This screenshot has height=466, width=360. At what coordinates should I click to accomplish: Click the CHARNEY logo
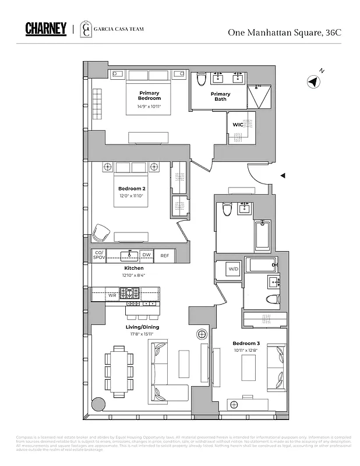(46, 29)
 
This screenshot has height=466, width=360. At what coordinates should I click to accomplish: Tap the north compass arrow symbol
(314, 82)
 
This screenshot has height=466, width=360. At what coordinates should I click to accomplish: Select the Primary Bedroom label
(149, 96)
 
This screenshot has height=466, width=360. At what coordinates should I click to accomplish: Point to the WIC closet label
(238, 125)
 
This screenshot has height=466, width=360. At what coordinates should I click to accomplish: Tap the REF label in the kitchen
(165, 256)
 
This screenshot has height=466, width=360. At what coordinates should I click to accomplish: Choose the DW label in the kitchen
(147, 256)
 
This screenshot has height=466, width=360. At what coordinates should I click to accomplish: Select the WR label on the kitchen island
(112, 295)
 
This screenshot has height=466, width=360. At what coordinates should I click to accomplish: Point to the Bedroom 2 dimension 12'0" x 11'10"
(131, 196)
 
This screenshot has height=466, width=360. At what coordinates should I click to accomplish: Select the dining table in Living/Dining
(119, 371)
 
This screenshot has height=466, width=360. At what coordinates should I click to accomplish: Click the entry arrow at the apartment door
(283, 175)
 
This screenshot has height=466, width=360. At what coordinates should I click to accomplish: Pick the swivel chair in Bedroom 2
(102, 231)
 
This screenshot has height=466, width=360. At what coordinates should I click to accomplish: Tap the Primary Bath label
(220, 96)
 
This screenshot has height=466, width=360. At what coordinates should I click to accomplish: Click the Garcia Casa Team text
(120, 29)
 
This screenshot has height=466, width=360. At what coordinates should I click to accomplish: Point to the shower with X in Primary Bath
(259, 96)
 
